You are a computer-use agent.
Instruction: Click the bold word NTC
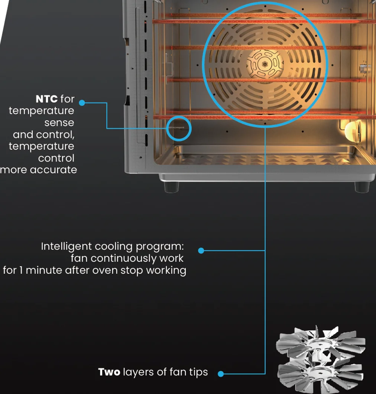(x=47, y=99)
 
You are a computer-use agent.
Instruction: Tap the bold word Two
(x=109, y=372)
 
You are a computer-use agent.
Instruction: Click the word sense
(x=59, y=123)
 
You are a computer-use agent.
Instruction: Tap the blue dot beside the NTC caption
(x=82, y=102)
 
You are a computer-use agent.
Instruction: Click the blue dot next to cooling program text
(x=201, y=251)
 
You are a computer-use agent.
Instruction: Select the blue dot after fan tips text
(x=221, y=374)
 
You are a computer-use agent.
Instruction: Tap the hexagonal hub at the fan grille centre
(x=265, y=64)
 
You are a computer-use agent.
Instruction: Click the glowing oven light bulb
(x=352, y=130)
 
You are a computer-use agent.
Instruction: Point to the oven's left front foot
(x=171, y=187)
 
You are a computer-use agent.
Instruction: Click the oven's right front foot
(x=362, y=187)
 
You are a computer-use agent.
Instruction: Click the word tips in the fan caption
(x=198, y=372)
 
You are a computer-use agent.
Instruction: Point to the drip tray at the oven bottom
(x=264, y=156)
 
